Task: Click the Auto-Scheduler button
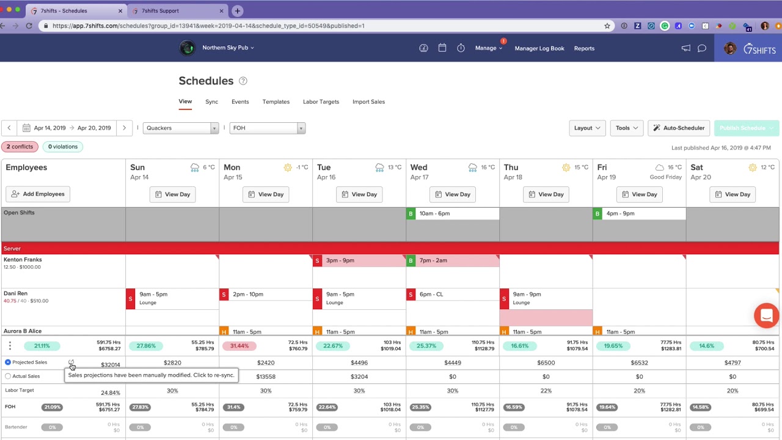(678, 128)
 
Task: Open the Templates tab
(276, 101)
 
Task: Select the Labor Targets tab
(321, 101)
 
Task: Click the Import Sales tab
(368, 101)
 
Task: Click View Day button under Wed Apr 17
(452, 194)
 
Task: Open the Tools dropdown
(626, 128)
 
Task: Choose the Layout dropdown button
(586, 128)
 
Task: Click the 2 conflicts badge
(20, 147)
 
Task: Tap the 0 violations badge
(62, 147)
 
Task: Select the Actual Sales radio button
(8, 376)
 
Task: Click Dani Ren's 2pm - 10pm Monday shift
(266, 295)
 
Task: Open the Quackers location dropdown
(180, 128)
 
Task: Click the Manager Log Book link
(539, 48)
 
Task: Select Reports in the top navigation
(584, 48)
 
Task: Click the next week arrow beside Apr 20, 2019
(124, 128)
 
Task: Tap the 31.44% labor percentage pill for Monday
(239, 346)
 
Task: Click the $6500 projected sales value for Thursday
(546, 362)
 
